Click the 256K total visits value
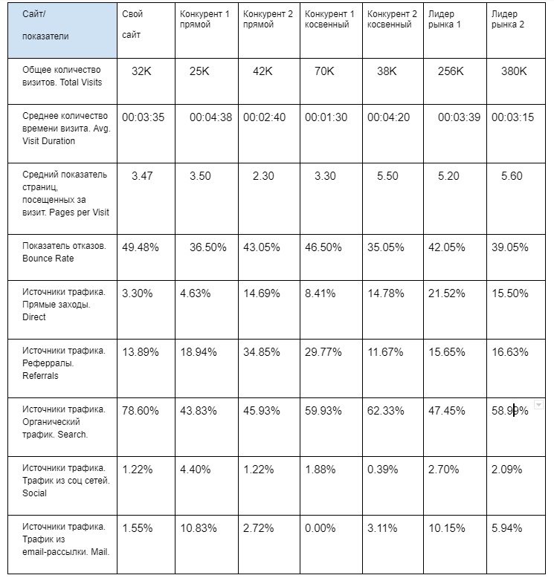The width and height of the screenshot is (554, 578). pos(451,71)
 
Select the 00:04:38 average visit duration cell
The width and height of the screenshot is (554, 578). pos(210,117)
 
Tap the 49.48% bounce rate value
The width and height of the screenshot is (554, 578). pos(141,247)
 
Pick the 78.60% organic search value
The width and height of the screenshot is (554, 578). pos(141,410)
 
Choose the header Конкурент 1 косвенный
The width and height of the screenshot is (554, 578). pos(329,19)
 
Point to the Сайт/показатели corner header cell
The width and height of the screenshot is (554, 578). pos(59,30)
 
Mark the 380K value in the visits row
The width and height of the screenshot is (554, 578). pos(513,71)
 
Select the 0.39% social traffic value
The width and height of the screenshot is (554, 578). pos(382,470)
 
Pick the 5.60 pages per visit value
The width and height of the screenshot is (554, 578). pos(513,176)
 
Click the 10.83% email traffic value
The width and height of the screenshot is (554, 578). pos(199,528)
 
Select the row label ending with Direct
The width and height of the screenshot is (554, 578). pos(64,305)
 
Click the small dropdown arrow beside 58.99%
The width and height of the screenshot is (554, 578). pos(538,404)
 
